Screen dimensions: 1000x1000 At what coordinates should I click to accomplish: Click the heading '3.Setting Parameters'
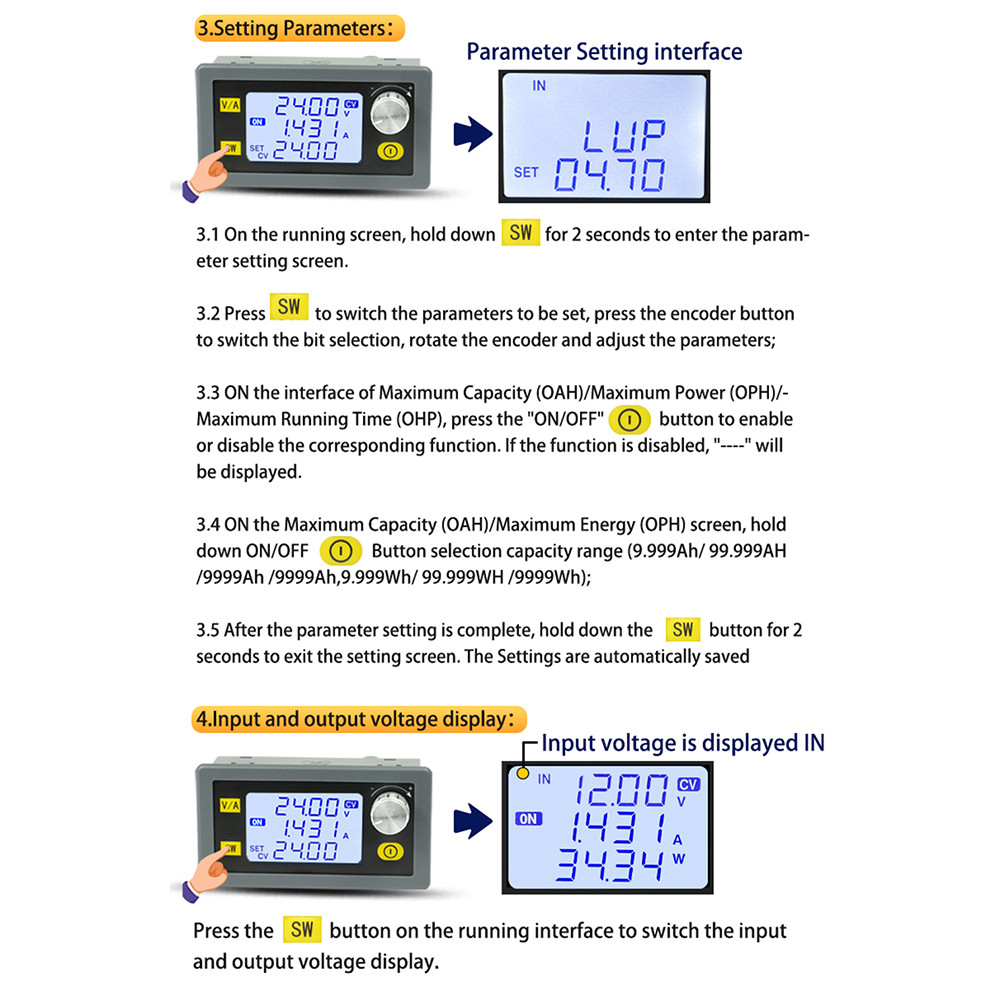click(x=298, y=28)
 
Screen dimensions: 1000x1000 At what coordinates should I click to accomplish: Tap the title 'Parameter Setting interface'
click(x=604, y=52)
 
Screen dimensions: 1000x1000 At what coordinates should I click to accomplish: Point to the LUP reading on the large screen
click(x=623, y=136)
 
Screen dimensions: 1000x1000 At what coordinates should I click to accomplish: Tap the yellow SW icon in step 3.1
click(x=520, y=234)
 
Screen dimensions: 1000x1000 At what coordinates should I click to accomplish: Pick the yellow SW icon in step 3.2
click(x=289, y=307)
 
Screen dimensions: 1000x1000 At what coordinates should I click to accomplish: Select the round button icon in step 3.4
click(x=339, y=551)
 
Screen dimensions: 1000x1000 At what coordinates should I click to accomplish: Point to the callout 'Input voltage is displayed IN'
click(x=682, y=743)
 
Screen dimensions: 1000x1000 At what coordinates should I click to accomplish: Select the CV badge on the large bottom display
click(x=688, y=784)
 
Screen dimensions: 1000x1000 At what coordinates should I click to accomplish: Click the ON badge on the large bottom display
click(x=527, y=819)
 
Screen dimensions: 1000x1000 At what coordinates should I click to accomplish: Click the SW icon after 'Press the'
click(x=301, y=930)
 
